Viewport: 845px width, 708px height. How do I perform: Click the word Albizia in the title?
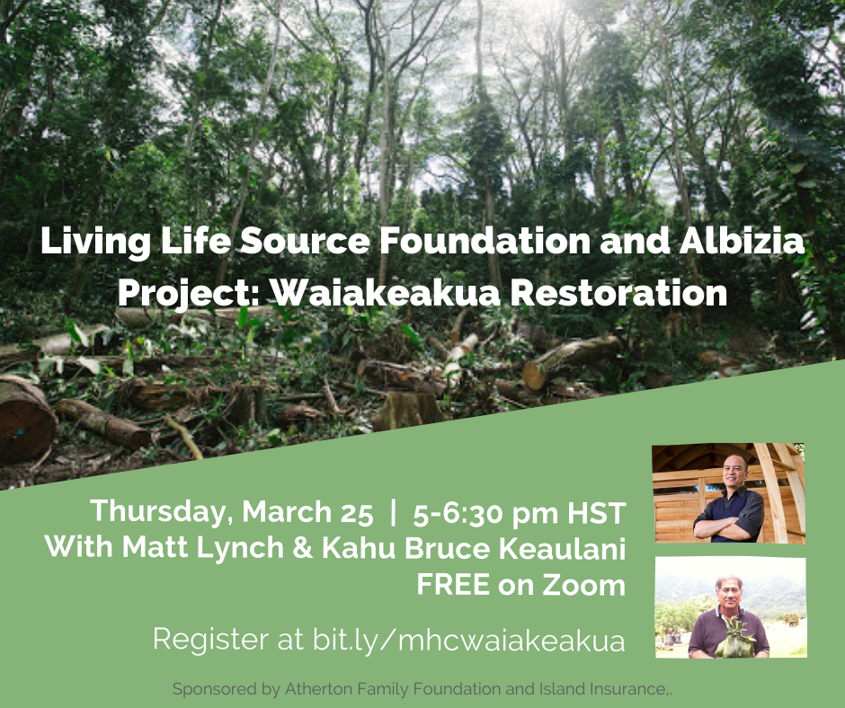click(742, 240)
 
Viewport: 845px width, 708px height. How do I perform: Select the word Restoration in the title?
click(618, 293)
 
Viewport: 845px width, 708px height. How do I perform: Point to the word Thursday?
click(162, 512)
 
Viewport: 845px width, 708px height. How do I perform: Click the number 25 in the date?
click(357, 513)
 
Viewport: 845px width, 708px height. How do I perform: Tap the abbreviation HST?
click(597, 513)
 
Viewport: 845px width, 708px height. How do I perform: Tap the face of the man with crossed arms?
click(735, 472)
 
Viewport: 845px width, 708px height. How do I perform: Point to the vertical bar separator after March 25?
click(393, 512)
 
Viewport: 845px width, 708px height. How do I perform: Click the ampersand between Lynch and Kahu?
click(303, 548)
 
